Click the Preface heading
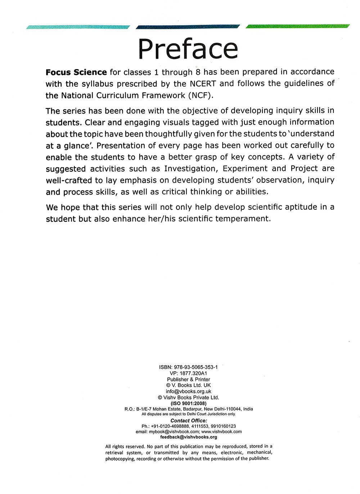pos(188,49)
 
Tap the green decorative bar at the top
pos(298,26)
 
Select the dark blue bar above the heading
pos(188,26)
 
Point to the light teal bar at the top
pos(78,27)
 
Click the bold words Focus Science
pos(76,72)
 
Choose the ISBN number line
pos(188,367)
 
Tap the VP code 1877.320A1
pos(188,373)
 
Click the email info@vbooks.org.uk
pos(188,391)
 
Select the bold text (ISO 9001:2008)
pos(188,403)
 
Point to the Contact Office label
pos(189,421)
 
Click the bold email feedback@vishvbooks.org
pos(188,437)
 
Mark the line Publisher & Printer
pos(188,379)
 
